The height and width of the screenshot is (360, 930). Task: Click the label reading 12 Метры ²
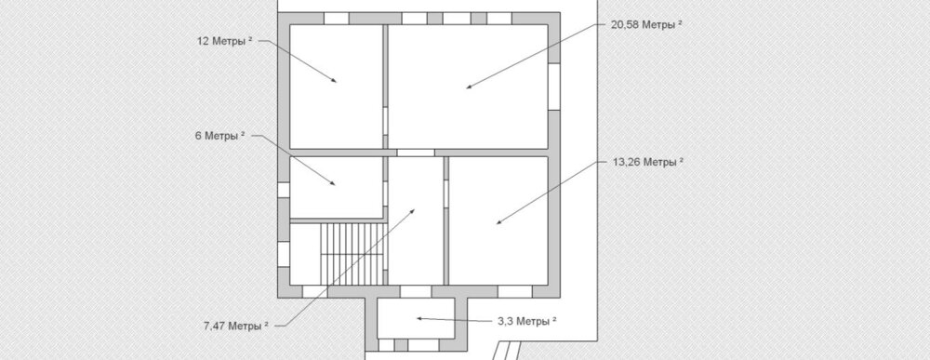(225, 41)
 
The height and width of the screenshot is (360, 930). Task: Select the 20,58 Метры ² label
(646, 24)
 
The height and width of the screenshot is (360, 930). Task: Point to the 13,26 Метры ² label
(647, 162)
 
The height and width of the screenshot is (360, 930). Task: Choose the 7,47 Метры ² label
(236, 326)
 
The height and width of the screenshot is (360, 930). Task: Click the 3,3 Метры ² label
(526, 321)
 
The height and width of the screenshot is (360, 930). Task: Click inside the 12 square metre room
(336, 86)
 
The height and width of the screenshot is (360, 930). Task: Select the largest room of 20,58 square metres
(468, 86)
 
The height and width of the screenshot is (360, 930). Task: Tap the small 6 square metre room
(336, 187)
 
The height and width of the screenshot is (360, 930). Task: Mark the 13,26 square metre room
(498, 220)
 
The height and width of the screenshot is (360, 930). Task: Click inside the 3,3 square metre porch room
(416, 318)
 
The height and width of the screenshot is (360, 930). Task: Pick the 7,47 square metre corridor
(415, 220)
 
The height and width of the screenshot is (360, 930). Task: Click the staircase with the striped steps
(353, 254)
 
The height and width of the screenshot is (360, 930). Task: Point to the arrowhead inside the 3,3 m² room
(419, 318)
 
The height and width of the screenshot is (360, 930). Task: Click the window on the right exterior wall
(554, 87)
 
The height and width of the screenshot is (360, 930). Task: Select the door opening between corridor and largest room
(415, 153)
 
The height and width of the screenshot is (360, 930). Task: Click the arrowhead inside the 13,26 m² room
(499, 221)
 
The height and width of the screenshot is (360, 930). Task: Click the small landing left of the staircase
(305, 254)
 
